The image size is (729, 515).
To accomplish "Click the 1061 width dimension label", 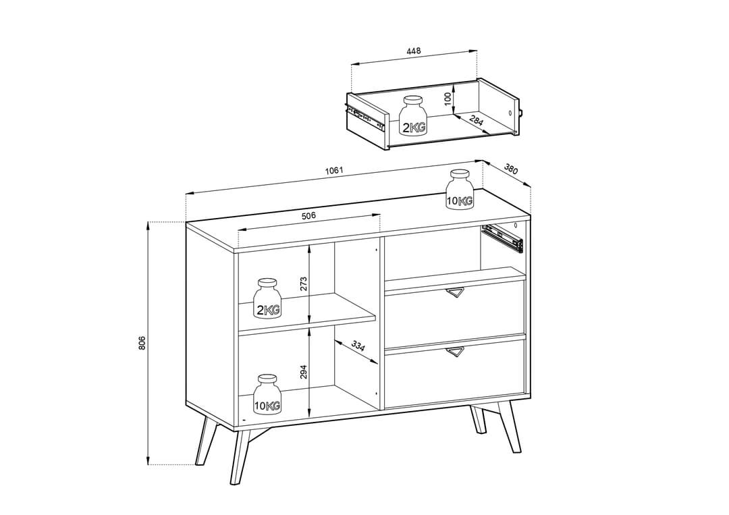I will click(x=334, y=170).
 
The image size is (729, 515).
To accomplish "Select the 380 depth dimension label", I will click(x=511, y=170).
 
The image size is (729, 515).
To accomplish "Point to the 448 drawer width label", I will click(x=414, y=51).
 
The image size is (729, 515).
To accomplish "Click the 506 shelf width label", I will click(x=308, y=216).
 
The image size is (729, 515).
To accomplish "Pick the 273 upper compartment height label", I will click(x=303, y=283).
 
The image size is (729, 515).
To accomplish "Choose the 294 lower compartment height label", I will click(x=303, y=372).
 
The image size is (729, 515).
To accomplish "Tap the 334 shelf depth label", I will click(x=358, y=346).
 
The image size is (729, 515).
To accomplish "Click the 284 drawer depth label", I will click(x=476, y=121).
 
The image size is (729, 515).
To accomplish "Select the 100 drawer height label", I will click(x=447, y=99).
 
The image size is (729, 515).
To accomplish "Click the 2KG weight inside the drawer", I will click(x=414, y=116).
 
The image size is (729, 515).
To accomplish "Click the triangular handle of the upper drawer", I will click(x=455, y=292).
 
